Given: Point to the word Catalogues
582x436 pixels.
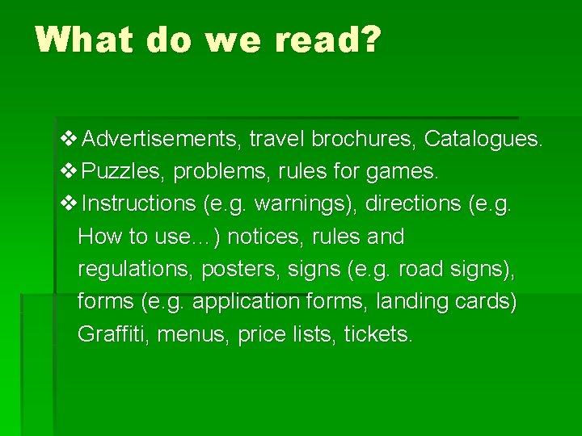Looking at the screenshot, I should coord(483,139).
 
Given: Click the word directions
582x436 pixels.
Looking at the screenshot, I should coord(412,203).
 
